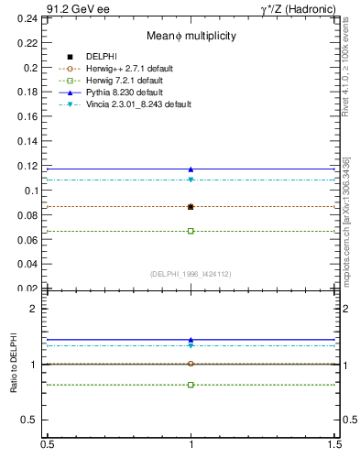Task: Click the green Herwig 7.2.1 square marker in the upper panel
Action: (x=191, y=231)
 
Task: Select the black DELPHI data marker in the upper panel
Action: (x=191, y=207)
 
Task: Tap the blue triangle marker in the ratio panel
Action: (x=191, y=339)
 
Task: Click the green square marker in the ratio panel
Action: (x=191, y=385)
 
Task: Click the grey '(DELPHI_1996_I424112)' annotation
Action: (x=191, y=274)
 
